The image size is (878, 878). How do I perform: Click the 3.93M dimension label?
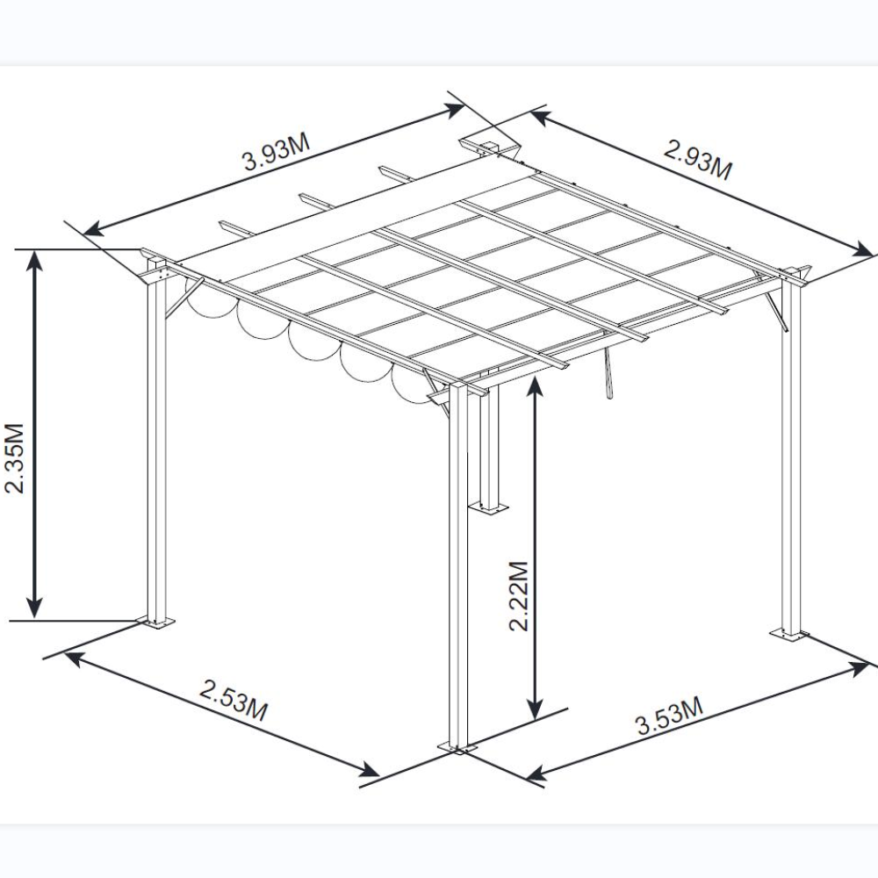[x=277, y=152]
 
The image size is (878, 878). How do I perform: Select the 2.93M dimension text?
[x=698, y=160]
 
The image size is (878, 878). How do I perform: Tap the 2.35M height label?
[x=15, y=458]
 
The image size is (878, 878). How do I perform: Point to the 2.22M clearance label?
[x=519, y=596]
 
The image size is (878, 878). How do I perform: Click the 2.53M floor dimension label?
[x=234, y=700]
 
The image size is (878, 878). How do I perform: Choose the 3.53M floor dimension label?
[x=670, y=716]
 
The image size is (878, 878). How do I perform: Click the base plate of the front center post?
[x=458, y=748]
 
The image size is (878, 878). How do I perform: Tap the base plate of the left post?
[x=156, y=622]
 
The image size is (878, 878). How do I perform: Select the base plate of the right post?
[x=789, y=635]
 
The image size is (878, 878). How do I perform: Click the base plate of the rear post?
[x=488, y=507]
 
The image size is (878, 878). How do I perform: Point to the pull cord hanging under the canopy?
[x=607, y=372]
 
